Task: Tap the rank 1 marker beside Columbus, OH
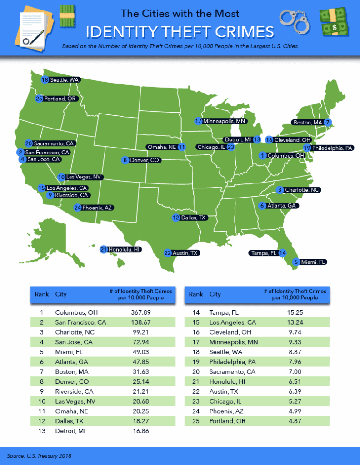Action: pyautogui.click(x=262, y=155)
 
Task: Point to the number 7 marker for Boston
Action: pyautogui.click(x=328, y=122)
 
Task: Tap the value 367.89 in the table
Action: pyautogui.click(x=140, y=312)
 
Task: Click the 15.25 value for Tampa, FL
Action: pyautogui.click(x=295, y=312)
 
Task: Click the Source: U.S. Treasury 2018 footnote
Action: pyautogui.click(x=40, y=455)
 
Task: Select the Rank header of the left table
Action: pyautogui.click(x=42, y=294)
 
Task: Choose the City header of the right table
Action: pyautogui.click(x=215, y=294)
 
